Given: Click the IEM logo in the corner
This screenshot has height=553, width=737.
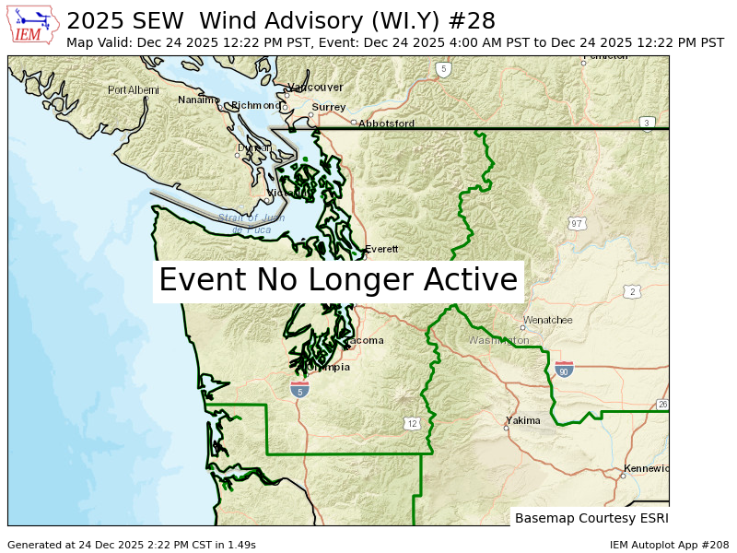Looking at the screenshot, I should click(x=31, y=25).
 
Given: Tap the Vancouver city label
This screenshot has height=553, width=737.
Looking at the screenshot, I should click(x=315, y=87).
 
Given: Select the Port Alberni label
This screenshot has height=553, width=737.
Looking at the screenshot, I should click(x=133, y=90).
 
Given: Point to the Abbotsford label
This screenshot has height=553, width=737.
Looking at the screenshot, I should click(x=386, y=124).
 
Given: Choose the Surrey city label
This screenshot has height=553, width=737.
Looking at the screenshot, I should click(x=328, y=107).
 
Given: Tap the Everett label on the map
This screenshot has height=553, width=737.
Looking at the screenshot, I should click(x=381, y=250).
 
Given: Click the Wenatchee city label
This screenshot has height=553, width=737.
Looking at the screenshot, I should click(x=550, y=321).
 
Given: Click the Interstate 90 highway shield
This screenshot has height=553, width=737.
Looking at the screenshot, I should click(x=564, y=371).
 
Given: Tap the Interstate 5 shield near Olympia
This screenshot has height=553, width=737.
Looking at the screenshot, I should click(x=299, y=390).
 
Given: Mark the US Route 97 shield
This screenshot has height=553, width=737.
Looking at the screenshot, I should click(x=577, y=223).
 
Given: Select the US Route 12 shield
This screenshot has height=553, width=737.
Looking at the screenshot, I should click(x=411, y=423).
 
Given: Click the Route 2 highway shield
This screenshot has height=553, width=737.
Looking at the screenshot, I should click(x=631, y=292).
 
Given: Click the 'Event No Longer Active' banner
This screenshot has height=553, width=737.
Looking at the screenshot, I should click(x=338, y=280).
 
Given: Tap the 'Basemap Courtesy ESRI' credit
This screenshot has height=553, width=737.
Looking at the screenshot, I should click(x=590, y=518).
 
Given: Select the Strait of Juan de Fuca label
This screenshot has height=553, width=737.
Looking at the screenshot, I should click(x=243, y=222).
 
